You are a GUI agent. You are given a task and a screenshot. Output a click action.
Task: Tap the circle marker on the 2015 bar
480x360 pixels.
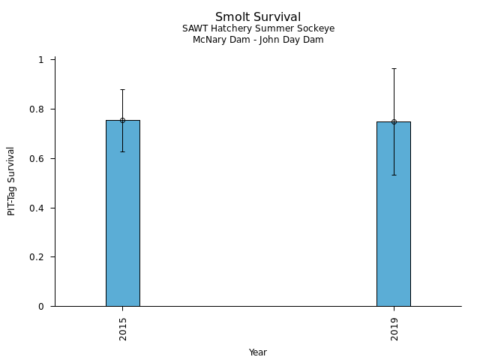(122, 120)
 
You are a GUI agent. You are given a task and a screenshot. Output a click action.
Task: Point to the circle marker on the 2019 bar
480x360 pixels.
(394, 121)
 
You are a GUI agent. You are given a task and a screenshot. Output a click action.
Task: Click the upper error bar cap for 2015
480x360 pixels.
(122, 89)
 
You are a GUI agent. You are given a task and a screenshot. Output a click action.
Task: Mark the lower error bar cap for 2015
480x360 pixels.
(122, 151)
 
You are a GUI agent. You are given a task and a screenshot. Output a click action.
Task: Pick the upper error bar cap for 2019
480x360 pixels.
(394, 68)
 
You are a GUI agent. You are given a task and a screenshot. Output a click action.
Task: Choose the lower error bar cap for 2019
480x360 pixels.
(394, 175)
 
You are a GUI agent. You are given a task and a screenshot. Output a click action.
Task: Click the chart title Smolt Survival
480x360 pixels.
(258, 17)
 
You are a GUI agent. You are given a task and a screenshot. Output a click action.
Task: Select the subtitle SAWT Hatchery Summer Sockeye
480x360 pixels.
(258, 28)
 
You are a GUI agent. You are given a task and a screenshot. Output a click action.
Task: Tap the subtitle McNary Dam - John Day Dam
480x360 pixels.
(258, 40)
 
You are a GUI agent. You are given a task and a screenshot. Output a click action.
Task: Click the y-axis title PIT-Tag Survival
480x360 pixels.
(11, 181)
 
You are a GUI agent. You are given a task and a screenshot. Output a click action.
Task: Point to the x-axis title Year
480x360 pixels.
(258, 352)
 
